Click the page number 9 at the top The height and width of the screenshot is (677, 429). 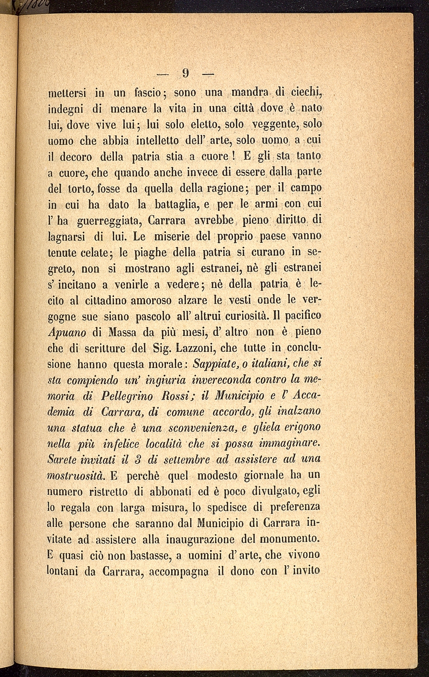187,74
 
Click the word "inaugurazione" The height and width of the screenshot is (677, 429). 200,539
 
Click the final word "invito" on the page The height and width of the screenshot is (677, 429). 305,570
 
